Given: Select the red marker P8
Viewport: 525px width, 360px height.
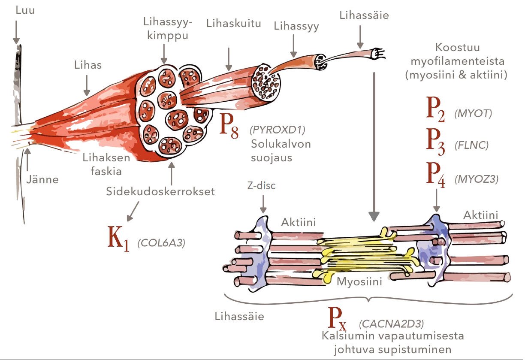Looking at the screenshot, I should coord(229,125).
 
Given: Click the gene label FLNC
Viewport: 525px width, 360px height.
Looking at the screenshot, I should coord(471,145).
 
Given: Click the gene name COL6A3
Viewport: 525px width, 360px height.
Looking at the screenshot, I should coord(161,243).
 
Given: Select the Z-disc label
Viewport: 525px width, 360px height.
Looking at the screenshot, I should coord(261,186).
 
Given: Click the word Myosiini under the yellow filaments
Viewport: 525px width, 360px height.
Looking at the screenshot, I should coord(359,282).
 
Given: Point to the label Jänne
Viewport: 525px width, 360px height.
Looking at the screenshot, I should coord(42,179).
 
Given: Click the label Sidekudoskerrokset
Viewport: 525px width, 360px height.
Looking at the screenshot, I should coord(160,191).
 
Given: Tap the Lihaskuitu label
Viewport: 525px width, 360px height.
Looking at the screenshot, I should coord(233,23).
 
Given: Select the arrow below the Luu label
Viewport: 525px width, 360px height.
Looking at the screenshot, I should coord(17,33).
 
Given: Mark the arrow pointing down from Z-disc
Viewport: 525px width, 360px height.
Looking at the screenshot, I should coord(262,203).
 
